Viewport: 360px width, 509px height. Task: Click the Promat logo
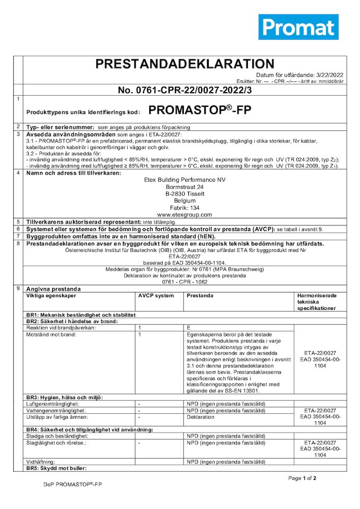[298, 27]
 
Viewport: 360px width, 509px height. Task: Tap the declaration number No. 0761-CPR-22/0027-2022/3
[185, 91]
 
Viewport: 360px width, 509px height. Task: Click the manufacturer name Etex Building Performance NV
[184, 180]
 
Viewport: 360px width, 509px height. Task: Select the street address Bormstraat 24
[184, 187]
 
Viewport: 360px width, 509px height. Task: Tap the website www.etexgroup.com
[184, 215]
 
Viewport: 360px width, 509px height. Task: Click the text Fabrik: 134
[184, 208]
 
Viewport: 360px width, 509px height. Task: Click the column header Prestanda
[200, 296]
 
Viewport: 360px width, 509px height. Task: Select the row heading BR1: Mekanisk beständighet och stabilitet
[81, 316]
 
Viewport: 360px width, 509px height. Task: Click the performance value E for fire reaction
[189, 328]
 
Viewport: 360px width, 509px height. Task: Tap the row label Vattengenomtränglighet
[56, 410]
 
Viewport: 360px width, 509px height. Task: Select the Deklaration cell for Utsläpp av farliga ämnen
[201, 417]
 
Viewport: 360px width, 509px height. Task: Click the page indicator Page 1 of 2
[302, 478]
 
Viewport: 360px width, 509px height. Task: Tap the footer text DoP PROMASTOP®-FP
[73, 485]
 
